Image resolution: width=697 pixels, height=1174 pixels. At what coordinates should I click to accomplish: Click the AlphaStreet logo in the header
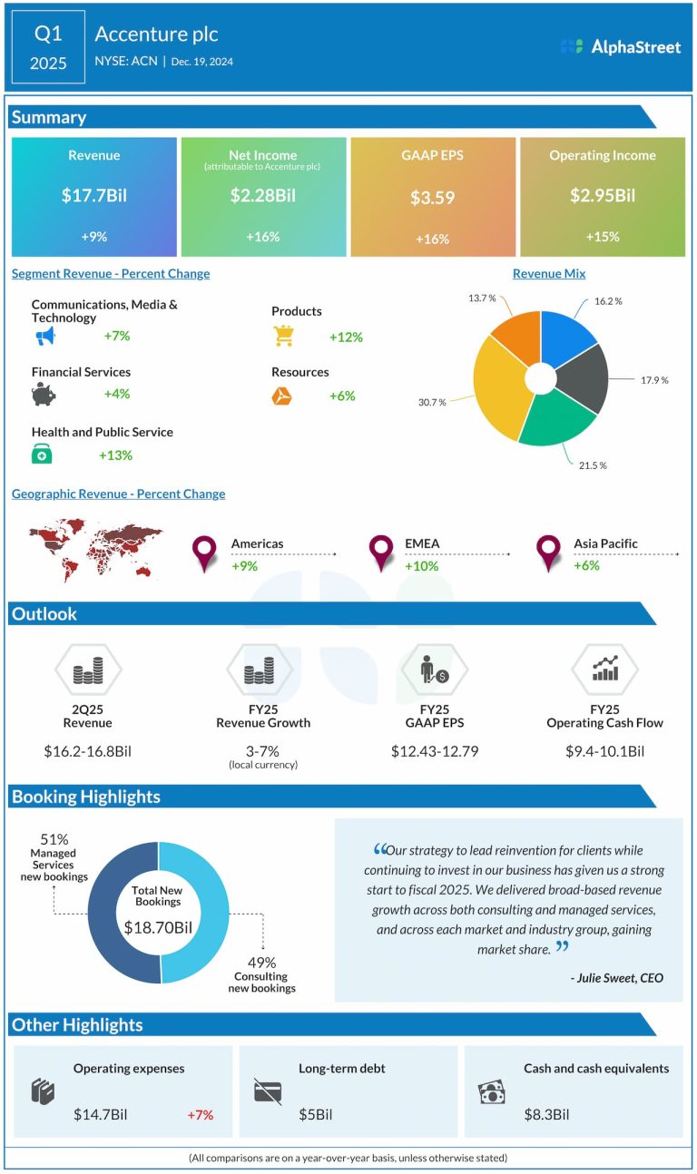(x=621, y=47)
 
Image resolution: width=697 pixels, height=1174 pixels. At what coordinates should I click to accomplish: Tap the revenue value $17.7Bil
(x=93, y=195)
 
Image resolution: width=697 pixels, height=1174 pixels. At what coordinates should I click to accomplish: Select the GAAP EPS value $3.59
(x=432, y=197)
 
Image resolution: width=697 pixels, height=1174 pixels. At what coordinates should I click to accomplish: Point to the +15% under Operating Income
(x=603, y=237)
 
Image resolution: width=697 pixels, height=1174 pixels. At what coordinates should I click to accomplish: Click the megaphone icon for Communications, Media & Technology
(x=45, y=337)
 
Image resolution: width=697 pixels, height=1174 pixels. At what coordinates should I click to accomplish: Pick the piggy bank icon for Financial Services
(x=43, y=395)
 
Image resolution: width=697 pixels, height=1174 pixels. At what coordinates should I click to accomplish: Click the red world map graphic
(x=95, y=550)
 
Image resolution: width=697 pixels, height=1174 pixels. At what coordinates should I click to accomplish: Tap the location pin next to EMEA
(x=381, y=553)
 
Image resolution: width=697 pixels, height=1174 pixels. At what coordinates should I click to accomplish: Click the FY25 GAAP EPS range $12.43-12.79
(x=434, y=751)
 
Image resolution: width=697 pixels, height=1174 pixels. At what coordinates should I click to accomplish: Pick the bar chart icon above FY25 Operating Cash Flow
(x=604, y=670)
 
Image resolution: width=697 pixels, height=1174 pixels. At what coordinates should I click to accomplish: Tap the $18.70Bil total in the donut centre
(x=158, y=928)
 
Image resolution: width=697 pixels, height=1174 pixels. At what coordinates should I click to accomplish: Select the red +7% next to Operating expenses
(x=199, y=1114)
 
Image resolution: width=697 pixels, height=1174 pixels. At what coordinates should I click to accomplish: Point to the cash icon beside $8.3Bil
(x=491, y=1092)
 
